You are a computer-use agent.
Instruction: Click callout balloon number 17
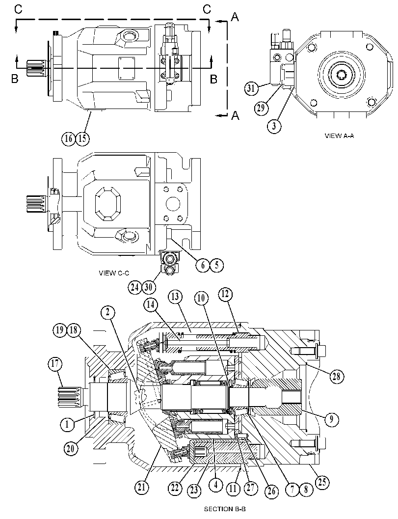point(55,363)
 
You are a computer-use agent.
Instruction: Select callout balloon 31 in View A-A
point(251,89)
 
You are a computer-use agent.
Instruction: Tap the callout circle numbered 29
point(262,108)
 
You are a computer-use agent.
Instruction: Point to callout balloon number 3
point(275,126)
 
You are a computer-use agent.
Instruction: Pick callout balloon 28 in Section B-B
point(337,376)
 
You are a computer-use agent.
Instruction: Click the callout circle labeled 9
point(331,419)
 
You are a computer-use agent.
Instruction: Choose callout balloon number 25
point(322,482)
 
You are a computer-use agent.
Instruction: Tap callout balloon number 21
point(142,487)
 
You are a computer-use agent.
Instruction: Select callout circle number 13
point(175,297)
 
